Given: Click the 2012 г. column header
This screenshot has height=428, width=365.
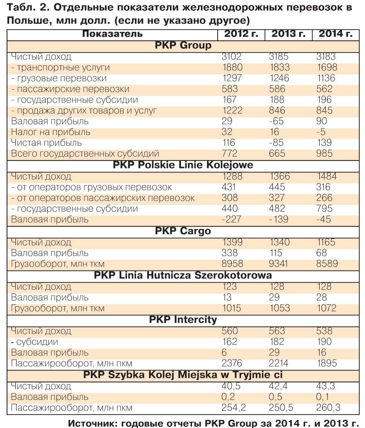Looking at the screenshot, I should point(241,34).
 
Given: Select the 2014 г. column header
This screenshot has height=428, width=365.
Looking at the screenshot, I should point(336,34).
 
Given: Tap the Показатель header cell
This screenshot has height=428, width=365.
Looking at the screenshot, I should point(112,34).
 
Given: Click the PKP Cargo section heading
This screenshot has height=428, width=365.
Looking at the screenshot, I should point(183,231).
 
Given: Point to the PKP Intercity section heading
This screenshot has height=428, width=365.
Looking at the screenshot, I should point(183,320).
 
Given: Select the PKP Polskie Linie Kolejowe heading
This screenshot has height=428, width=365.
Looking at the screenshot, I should point(183,165).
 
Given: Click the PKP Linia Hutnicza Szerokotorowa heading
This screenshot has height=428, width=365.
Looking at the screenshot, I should point(183,275).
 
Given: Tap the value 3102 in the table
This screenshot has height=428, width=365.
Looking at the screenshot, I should point(231,57).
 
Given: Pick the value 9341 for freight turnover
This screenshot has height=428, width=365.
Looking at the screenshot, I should point(278,264).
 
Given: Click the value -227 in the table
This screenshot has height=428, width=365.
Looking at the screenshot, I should point(231,220).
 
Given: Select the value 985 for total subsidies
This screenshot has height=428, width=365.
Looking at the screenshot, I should point(324,154).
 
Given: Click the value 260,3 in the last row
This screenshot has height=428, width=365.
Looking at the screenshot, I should point(328,408).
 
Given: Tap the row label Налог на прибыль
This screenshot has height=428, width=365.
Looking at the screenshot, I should point(51,132).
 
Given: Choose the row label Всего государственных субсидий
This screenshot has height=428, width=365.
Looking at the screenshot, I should point(85,154).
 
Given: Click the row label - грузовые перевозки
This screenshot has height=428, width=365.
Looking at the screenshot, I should point(59,79).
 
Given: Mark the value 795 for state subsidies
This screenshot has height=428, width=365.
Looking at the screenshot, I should point(324,209).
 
